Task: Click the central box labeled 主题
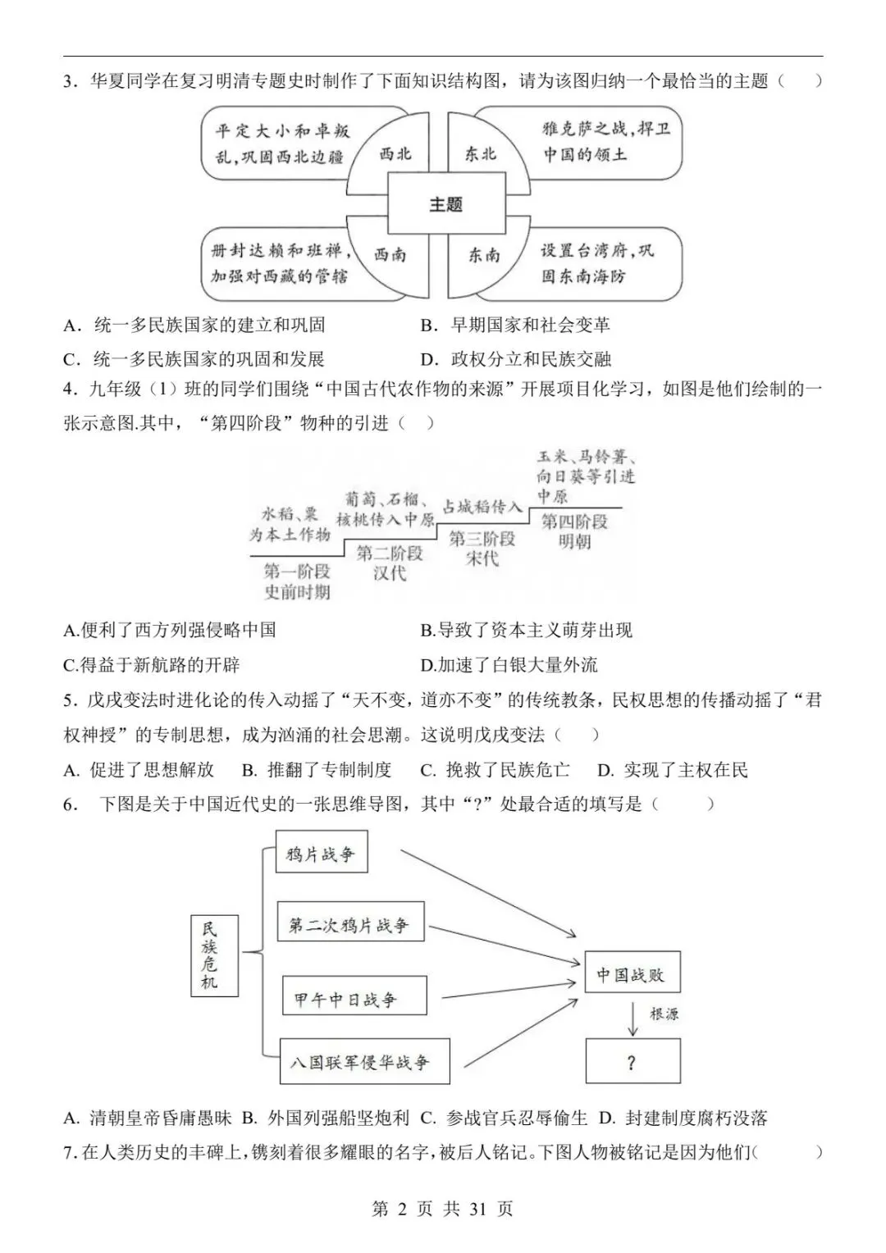click(445, 204)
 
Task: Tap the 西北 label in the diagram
click(395, 153)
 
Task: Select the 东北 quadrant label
click(481, 153)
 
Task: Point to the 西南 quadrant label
click(390, 254)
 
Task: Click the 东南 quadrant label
click(484, 255)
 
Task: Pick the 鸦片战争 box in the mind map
click(321, 854)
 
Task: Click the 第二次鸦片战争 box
click(349, 925)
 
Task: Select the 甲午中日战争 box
click(354, 998)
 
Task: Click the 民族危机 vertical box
click(210, 955)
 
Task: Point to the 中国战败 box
click(631, 974)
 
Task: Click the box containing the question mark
click(632, 1063)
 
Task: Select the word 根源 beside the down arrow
click(664, 1014)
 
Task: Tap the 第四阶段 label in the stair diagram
click(574, 521)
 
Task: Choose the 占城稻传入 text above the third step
click(482, 506)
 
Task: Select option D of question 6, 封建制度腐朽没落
click(684, 1118)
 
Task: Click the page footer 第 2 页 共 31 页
click(443, 1209)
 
